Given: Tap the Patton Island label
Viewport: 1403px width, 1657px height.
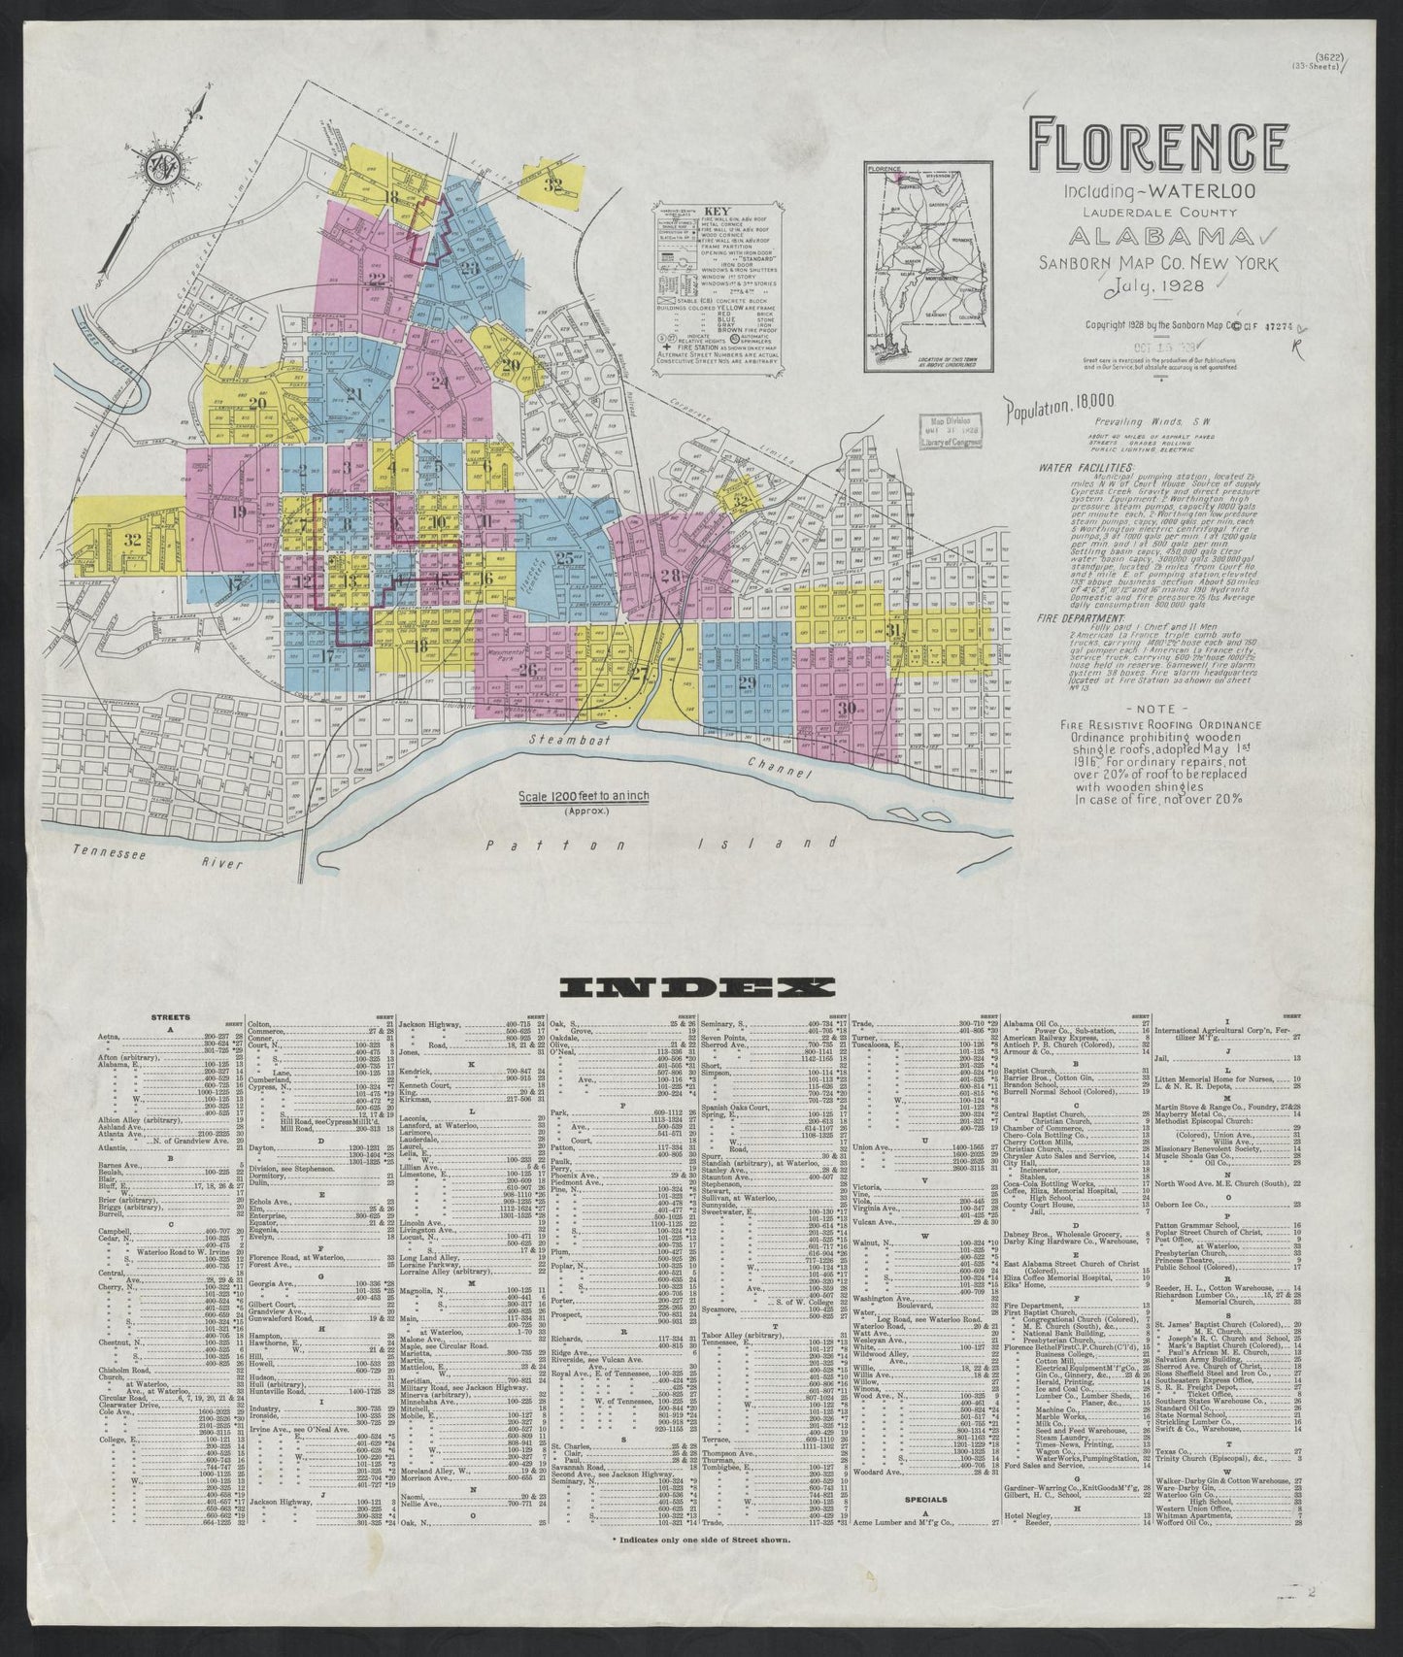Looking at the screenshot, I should [x=660, y=846].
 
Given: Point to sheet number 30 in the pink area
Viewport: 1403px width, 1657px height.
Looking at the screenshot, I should [x=848, y=708].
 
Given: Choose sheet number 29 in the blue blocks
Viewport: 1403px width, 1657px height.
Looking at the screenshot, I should [x=747, y=683].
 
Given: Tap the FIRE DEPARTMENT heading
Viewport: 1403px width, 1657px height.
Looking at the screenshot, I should [x=1082, y=617].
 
